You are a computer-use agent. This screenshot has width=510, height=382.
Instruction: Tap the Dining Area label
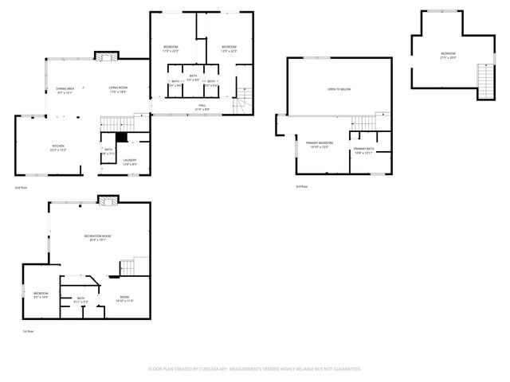[65, 90]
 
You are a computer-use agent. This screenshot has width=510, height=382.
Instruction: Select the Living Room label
[118, 89]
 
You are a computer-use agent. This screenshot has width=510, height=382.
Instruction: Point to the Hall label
[202, 106]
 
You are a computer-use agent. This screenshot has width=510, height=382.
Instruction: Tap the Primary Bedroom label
[319, 144]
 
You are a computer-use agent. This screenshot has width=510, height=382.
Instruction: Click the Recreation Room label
[96, 237]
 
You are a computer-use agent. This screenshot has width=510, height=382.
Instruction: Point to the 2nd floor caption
[20, 187]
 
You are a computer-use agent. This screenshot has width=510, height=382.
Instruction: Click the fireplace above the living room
[106, 56]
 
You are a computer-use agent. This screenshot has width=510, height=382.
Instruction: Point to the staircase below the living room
[116, 123]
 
